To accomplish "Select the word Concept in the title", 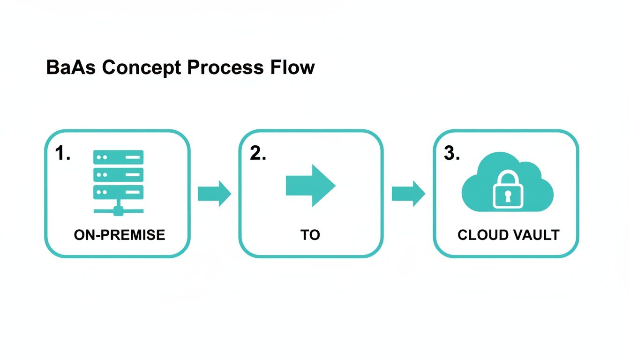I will coord(141,67).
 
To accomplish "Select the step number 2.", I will coord(258,154).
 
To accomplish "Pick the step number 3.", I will coord(452,154).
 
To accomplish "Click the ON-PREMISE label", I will coord(120,235).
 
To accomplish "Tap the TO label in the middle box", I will coord(310,235).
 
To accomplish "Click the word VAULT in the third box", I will coord(536,235).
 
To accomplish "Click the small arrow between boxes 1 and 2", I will coord(214,193).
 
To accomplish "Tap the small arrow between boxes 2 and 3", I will coord(408,193).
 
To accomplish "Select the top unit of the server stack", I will coord(118,157).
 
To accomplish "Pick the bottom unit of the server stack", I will coord(118,192).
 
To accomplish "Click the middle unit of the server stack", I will coord(118,175).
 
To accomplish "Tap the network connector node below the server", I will coord(118,211).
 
